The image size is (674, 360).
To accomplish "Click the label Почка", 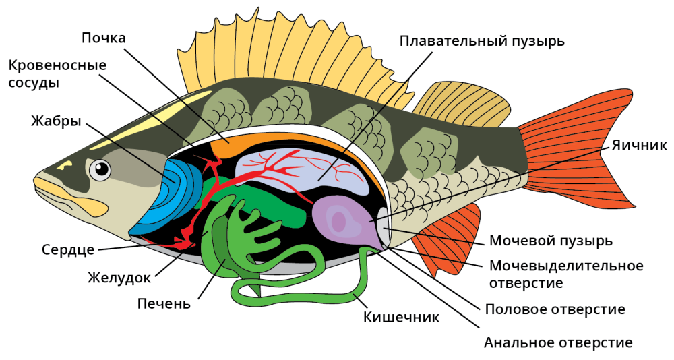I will [x=104, y=38].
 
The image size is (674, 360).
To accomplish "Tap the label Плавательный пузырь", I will [x=482, y=41].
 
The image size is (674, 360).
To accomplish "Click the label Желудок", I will [x=119, y=277].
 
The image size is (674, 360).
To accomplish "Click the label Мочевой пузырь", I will [x=551, y=241].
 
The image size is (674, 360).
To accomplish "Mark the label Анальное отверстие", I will [x=558, y=342].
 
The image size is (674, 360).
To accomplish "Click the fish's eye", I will [x=100, y=170].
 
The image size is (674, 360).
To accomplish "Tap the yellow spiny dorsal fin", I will [x=270, y=54].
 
